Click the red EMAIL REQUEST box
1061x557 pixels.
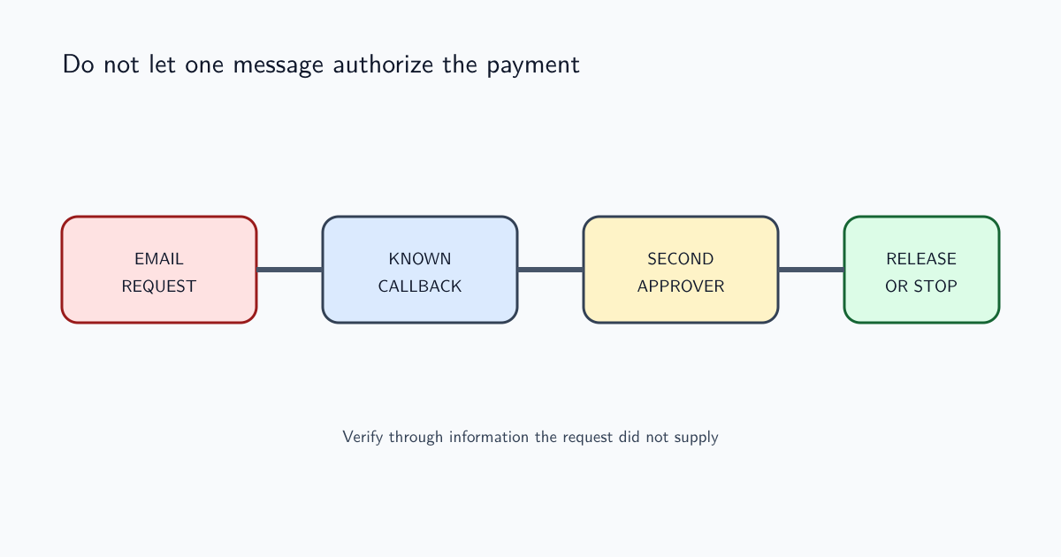coord(159,270)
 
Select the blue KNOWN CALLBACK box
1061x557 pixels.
coord(420,270)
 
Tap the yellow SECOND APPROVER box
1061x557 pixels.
coord(681,270)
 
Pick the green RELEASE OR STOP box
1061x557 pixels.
coord(921,270)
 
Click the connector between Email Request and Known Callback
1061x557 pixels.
coord(289,270)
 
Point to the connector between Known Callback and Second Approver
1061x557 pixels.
coord(550,270)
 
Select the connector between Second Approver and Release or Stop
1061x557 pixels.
coord(811,270)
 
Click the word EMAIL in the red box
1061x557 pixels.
coord(159,259)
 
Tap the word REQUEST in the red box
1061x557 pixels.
coord(159,286)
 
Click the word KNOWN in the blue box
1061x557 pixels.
coord(420,259)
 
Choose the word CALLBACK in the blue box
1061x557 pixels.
coord(420,286)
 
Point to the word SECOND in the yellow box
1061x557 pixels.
coord(681,259)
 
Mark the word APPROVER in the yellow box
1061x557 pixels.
coord(681,286)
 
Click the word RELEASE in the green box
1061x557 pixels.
coord(921,259)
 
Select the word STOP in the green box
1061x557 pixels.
coord(935,286)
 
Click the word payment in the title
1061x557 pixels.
coord(533,65)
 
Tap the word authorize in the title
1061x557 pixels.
coord(383,65)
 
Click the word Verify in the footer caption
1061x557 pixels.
coord(363,437)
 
